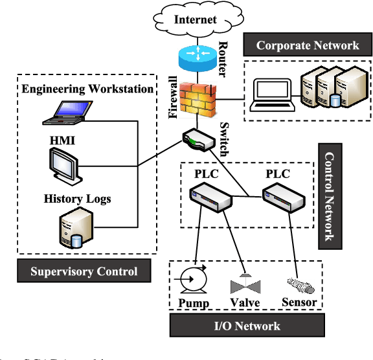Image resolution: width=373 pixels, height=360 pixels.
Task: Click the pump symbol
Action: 192,282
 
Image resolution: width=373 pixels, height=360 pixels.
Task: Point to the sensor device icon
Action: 299,283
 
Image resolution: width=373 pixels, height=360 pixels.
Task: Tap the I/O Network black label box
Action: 248,326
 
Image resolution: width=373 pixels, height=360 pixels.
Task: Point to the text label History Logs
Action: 78,199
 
